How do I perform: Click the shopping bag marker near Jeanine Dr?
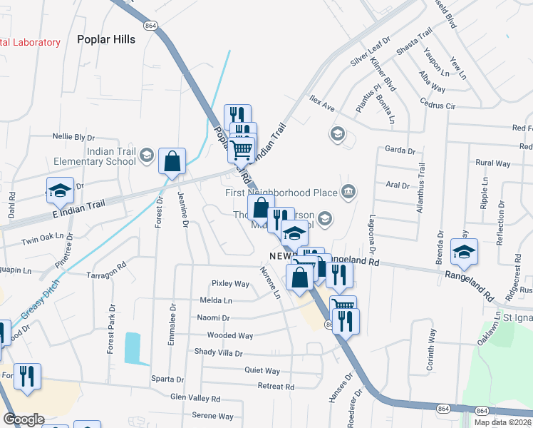(x=172, y=162)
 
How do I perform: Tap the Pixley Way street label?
(x=229, y=284)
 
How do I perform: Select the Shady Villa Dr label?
(x=219, y=352)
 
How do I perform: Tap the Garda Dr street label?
(x=399, y=151)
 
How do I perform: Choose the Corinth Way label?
(x=432, y=349)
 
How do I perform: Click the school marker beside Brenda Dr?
(x=464, y=252)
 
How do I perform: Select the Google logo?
(x=24, y=419)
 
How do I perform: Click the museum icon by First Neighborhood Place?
(x=348, y=191)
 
